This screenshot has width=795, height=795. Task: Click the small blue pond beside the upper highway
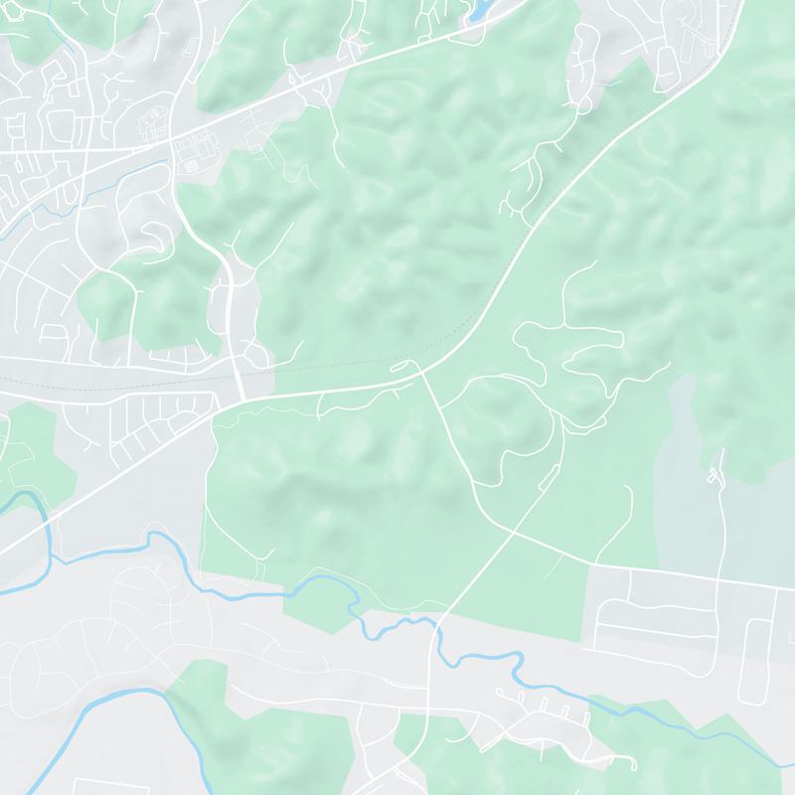(478, 10)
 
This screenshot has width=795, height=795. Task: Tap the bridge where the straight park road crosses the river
(435, 624)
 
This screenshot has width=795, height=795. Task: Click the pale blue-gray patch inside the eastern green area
(686, 467)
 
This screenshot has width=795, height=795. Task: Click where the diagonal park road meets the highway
(422, 367)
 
